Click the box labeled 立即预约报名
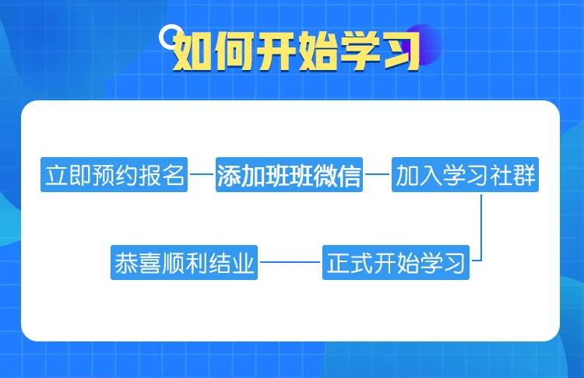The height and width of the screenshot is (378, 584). click(114, 177)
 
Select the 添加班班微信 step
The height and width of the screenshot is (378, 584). click(289, 177)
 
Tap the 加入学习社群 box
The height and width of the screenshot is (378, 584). click(465, 177)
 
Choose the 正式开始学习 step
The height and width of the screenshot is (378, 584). click(396, 263)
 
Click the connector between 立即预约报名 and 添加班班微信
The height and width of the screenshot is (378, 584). click(202, 177)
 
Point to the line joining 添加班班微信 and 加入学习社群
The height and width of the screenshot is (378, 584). click(378, 177)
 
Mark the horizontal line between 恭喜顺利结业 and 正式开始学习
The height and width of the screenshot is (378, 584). click(290, 263)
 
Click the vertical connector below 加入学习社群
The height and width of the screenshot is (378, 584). click(483, 226)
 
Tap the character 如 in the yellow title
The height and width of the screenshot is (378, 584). click(189, 51)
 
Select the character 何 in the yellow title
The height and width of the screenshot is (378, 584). click(231, 51)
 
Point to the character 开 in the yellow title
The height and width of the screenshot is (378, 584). click(273, 51)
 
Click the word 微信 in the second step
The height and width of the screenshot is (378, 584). click(339, 177)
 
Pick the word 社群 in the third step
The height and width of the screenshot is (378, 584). click(515, 177)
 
